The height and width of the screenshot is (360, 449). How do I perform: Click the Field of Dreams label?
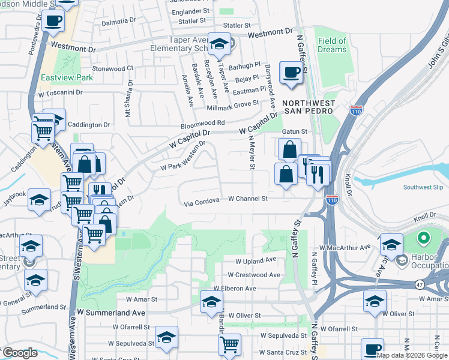(332, 46)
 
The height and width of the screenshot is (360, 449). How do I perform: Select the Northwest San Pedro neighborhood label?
(308, 107)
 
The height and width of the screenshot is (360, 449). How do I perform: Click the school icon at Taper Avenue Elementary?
(220, 44)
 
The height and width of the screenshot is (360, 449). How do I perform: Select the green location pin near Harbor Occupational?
(423, 239)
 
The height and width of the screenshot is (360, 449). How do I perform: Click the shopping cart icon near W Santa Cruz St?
(229, 344)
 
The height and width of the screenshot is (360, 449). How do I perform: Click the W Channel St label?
(247, 198)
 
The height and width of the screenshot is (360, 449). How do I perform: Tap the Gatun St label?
(295, 131)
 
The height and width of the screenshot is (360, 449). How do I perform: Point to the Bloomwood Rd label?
(203, 123)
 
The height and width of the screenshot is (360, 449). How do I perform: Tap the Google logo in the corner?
(19, 353)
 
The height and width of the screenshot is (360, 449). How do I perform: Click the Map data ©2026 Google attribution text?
(412, 355)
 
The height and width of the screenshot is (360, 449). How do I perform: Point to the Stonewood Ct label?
(112, 69)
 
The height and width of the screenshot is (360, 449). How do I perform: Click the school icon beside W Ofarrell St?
(166, 337)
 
